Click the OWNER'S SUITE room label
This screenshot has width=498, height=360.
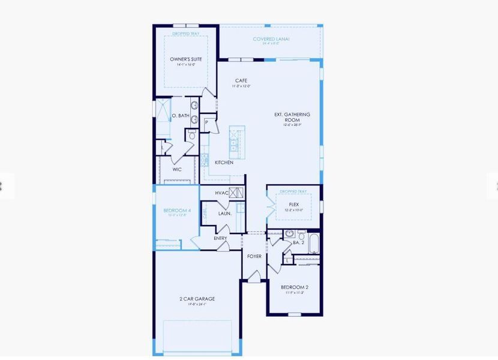(x=185, y=59)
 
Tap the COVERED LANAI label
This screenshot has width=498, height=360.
(x=271, y=39)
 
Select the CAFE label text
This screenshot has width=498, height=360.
(x=241, y=80)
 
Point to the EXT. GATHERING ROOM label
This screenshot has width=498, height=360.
(x=292, y=117)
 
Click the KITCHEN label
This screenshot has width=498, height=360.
(x=224, y=163)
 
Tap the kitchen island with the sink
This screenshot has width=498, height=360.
(x=236, y=144)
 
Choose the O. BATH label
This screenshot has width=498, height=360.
(x=180, y=116)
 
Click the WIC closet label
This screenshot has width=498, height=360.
(x=177, y=170)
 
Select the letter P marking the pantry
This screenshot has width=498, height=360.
(x=206, y=122)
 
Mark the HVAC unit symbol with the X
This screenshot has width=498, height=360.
(x=236, y=193)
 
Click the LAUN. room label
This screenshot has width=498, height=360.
(x=224, y=213)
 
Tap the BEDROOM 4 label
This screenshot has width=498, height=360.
(x=177, y=211)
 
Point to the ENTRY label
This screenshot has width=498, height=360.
(x=220, y=238)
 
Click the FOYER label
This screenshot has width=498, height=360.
(x=254, y=256)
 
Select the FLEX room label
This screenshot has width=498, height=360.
(x=294, y=205)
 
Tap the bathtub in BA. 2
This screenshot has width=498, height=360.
(x=314, y=244)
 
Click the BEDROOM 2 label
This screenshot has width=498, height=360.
(x=294, y=287)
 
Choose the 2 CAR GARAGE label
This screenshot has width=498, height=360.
(x=197, y=299)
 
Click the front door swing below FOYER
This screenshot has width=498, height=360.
(x=254, y=277)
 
